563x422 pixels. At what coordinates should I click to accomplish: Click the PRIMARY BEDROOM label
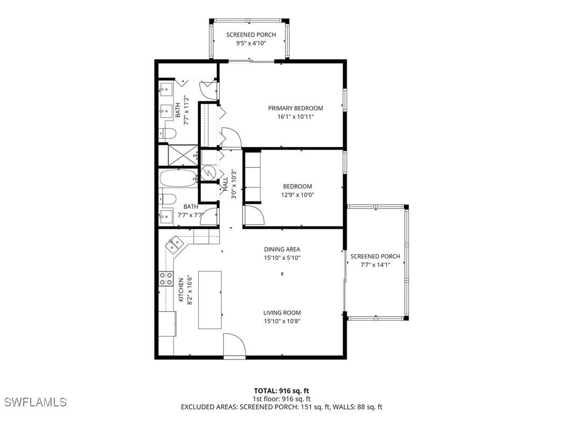[295, 108]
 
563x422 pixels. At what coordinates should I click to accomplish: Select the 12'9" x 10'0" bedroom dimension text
[297, 195]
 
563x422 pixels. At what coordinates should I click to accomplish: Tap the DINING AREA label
[282, 249]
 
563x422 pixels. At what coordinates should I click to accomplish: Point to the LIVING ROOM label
[282, 313]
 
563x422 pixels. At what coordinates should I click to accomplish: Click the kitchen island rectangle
[210, 299]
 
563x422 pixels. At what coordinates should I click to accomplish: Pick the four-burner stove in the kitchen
[165, 279]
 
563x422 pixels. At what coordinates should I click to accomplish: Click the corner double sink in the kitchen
[175, 245]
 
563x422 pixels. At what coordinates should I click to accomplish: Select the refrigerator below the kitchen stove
[167, 323]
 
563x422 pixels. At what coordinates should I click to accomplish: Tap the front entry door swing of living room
[233, 346]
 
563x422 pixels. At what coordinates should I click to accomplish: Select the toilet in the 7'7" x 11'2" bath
[167, 133]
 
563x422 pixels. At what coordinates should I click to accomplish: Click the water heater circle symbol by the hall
[208, 173]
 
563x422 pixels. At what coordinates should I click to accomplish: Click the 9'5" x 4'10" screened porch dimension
[251, 44]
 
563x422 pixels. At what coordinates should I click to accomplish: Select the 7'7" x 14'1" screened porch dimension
[375, 264]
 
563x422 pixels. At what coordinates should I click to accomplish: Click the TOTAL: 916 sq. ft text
[281, 391]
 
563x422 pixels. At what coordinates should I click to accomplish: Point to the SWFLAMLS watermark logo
[35, 402]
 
